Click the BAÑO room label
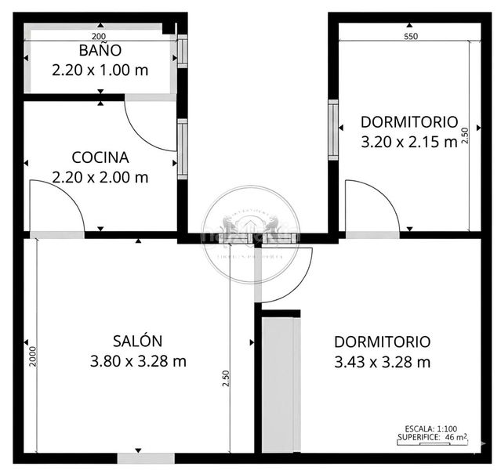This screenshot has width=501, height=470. point(100,51)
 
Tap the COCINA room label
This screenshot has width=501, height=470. point(100,157)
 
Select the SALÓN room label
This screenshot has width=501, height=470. point(137,341)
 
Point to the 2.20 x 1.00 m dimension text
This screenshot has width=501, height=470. point(100,70)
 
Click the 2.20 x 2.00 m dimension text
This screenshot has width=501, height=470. point(100,177)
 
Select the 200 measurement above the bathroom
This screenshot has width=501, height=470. point(99,36)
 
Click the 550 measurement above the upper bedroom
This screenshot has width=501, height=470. point(410,36)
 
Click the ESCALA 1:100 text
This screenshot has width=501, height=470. point(430,428)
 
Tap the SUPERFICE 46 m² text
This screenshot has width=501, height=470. point(430,437)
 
